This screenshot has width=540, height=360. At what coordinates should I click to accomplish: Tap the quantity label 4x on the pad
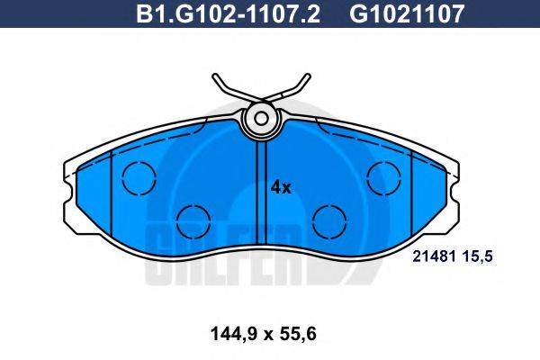(x=281, y=187)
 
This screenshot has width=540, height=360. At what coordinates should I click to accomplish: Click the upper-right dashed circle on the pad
(x=383, y=176)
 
